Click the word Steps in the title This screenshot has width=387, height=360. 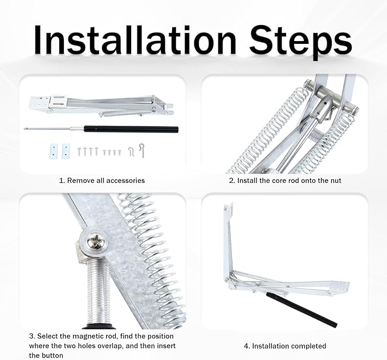(300, 42)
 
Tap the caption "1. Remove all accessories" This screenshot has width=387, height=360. (101, 181)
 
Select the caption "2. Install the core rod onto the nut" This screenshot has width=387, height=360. (285, 181)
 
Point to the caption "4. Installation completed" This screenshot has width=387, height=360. (285, 346)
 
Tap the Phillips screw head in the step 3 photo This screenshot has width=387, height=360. (97, 241)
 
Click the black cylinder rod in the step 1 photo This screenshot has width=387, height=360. (131, 129)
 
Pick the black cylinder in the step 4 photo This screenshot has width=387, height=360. (302, 309)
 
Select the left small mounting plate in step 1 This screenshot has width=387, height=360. (54, 151)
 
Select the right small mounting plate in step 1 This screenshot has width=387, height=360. (66, 151)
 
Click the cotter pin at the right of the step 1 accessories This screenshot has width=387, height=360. (142, 150)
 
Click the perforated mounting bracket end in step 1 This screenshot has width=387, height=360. (39, 103)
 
